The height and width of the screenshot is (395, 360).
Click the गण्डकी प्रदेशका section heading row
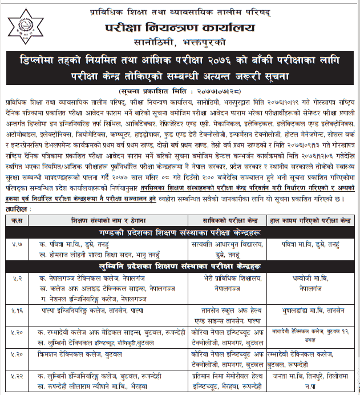[x=180, y=232]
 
